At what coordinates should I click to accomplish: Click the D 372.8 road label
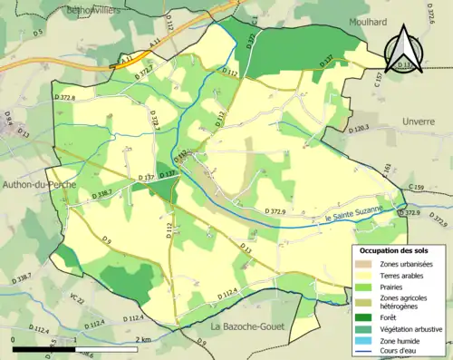(65, 97)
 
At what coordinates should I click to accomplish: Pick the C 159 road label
(416, 188)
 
